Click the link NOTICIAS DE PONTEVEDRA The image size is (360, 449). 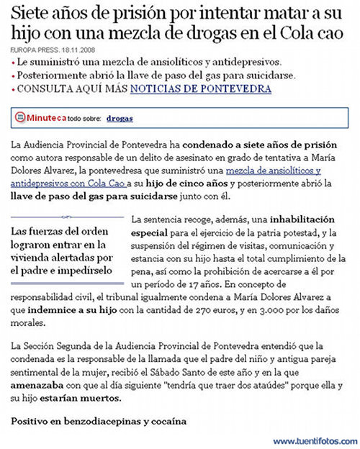point(200,89)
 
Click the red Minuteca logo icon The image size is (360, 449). point(22,117)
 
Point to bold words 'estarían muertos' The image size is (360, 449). point(73,398)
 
